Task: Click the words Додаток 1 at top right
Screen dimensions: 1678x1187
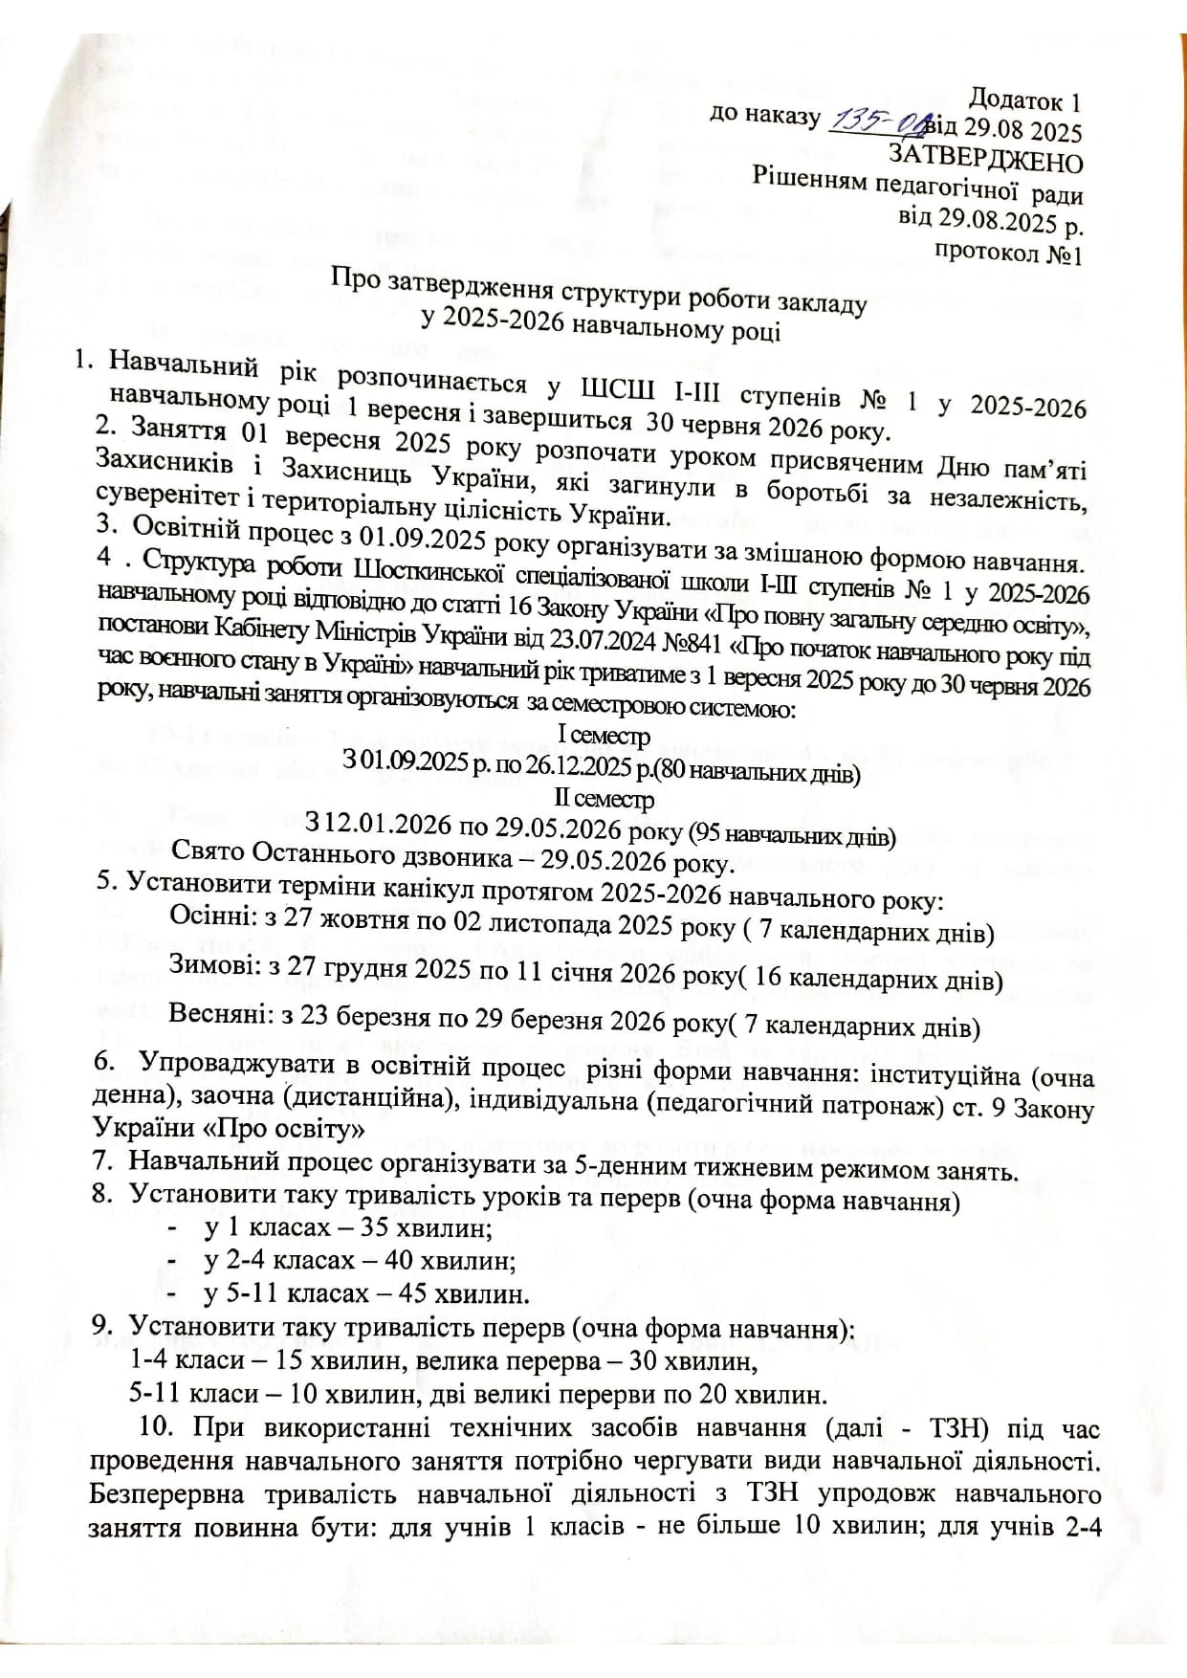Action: click(x=1024, y=99)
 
